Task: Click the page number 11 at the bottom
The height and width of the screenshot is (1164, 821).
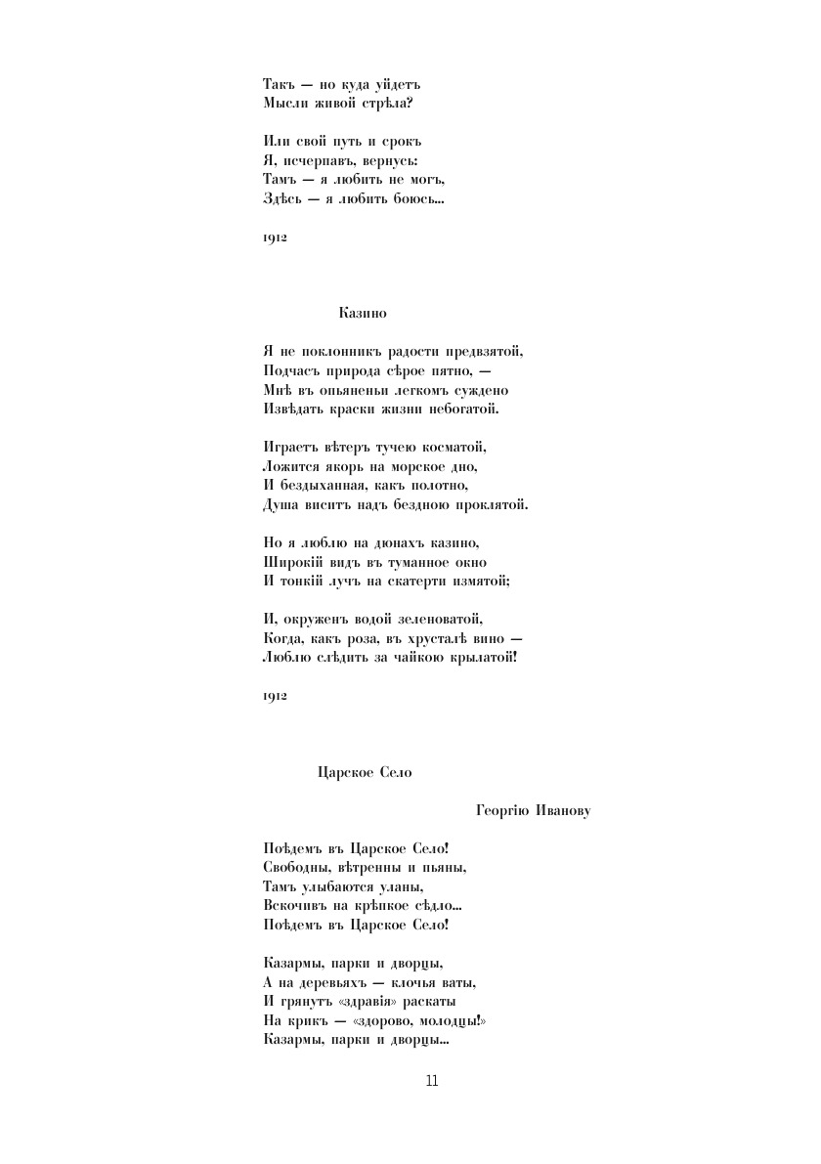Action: pyautogui.click(x=432, y=1080)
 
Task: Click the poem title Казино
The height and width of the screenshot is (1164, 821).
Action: pyautogui.click(x=364, y=313)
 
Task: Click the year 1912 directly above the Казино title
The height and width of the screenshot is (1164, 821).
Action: pyautogui.click(x=275, y=237)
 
